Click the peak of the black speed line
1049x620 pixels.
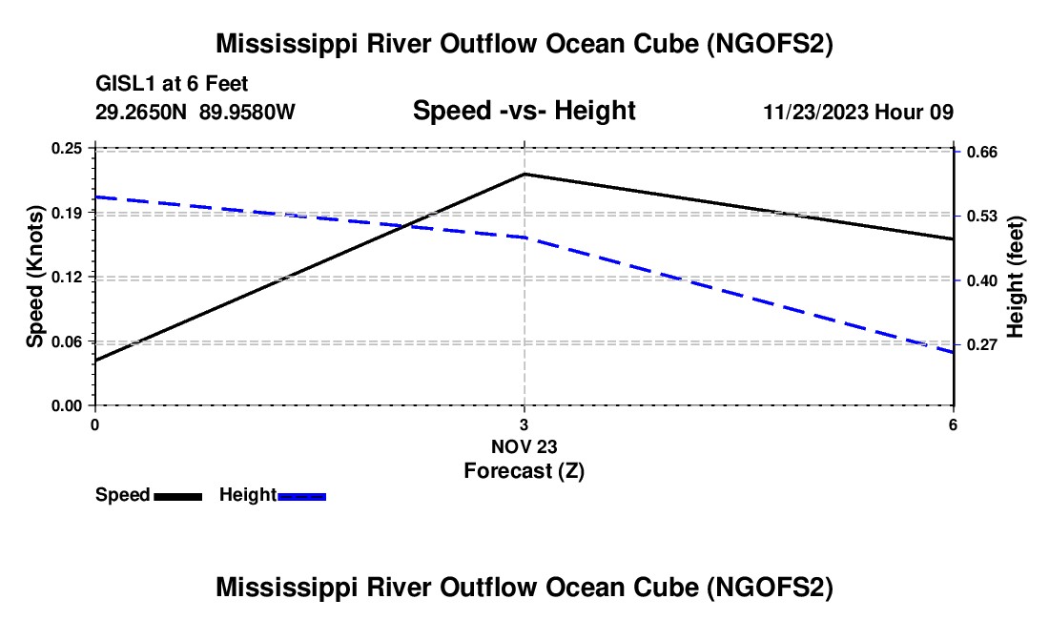(x=524, y=175)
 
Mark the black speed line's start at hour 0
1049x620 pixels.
(x=95, y=361)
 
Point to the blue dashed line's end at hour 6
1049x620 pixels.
(x=953, y=353)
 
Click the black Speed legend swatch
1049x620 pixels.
(x=177, y=496)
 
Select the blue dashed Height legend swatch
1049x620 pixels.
(x=302, y=496)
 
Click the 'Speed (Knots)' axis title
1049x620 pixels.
(x=35, y=277)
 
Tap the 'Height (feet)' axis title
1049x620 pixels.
(x=1016, y=277)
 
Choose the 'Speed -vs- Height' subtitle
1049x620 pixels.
(x=524, y=112)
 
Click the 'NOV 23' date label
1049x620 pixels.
(x=524, y=446)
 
